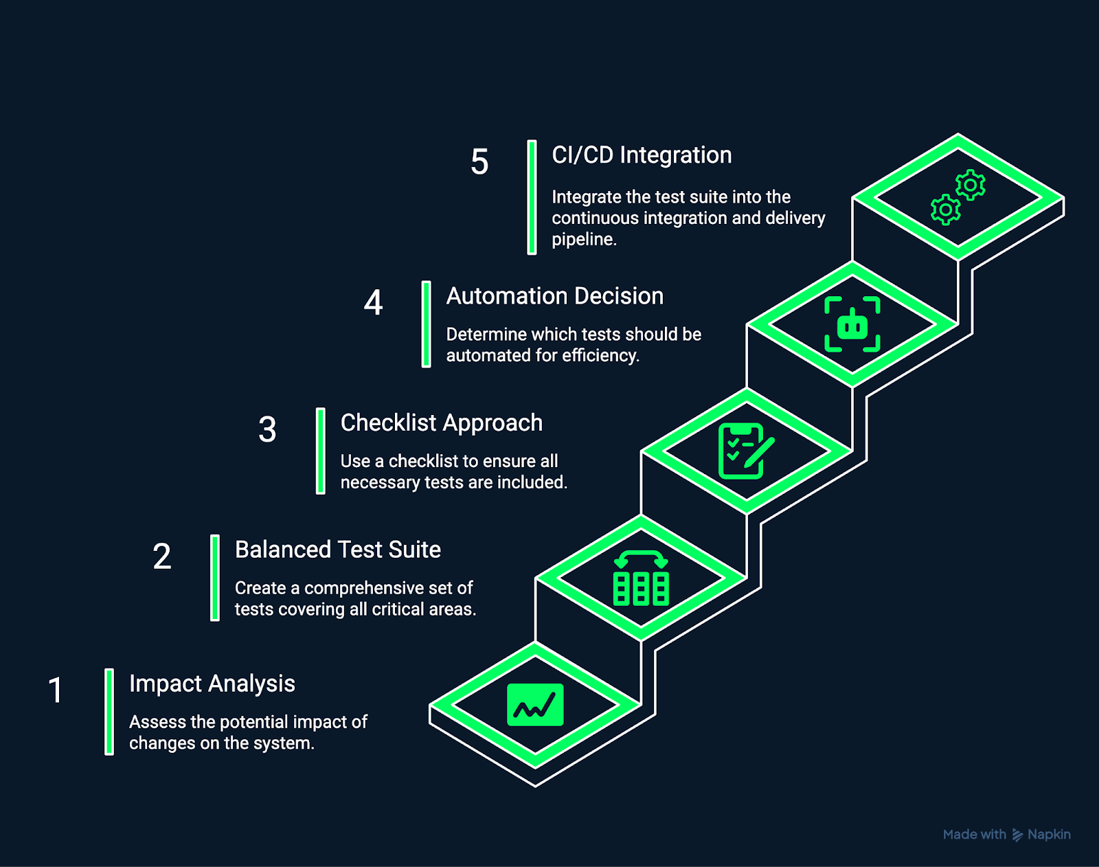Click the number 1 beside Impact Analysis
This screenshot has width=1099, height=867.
pyautogui.click(x=56, y=690)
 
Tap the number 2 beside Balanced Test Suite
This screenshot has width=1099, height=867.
pyautogui.click(x=162, y=556)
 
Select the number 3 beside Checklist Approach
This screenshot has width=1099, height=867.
pyautogui.click(x=267, y=430)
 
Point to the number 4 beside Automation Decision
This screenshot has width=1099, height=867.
pyautogui.click(x=373, y=303)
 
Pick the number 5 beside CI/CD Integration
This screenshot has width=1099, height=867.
pyautogui.click(x=479, y=163)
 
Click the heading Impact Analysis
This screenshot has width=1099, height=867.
pyautogui.click(x=212, y=684)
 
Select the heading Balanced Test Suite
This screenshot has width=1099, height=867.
pyautogui.click(x=337, y=550)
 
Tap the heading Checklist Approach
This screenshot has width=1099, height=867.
pyautogui.click(x=441, y=423)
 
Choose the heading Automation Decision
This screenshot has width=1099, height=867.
pyautogui.click(x=554, y=296)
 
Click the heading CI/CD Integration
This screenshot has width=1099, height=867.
pyautogui.click(x=641, y=155)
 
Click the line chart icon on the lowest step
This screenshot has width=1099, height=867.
pyautogui.click(x=535, y=705)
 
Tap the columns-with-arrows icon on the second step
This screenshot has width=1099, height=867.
pyautogui.click(x=641, y=578)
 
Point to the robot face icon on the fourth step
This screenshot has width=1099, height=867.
pyautogui.click(x=852, y=324)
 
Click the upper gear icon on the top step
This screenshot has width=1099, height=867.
pyautogui.click(x=971, y=185)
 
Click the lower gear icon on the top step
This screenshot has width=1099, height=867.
pyautogui.click(x=945, y=210)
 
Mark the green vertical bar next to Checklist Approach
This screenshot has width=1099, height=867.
pyautogui.click(x=320, y=451)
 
